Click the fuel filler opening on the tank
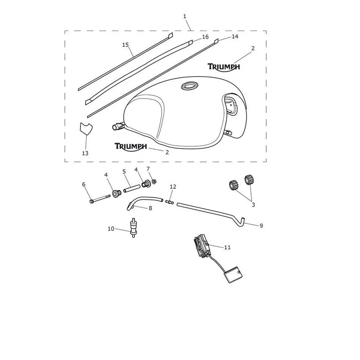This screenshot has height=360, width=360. tap(189, 85)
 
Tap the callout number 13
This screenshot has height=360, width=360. tap(85, 153)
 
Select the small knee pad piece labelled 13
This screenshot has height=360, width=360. tap(85, 129)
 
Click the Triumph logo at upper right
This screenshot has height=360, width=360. tap(224, 67)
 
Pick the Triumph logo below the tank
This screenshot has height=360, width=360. tap(130, 147)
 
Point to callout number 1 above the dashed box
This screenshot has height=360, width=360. tap(185, 17)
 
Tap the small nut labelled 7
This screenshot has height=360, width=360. tap(154, 181)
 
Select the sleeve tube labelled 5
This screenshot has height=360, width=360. tap(131, 188)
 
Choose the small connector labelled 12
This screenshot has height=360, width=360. tap(170, 202)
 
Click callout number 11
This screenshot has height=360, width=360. tap(227, 247)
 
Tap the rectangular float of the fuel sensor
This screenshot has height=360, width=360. tap(233, 274)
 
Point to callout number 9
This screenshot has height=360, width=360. tap(261, 226)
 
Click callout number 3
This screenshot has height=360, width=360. tap(253, 205)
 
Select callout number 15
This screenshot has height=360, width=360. tap(126, 45)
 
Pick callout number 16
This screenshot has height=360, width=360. tap(205, 37)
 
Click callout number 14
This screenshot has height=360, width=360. tap(234, 36)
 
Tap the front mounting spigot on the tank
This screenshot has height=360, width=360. tap(118, 126)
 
